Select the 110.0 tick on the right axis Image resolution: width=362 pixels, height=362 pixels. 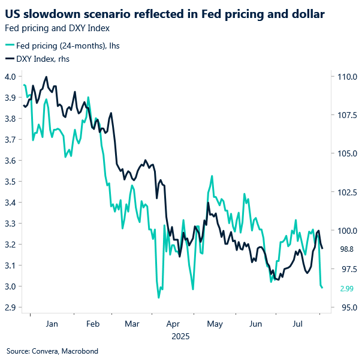click(x=348, y=77)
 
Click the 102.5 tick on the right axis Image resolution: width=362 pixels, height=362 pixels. click(x=348, y=192)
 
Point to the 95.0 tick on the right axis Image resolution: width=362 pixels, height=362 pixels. click(x=348, y=307)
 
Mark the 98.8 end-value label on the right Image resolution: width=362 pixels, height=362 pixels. click(x=348, y=249)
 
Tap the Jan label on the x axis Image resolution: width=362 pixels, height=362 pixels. click(x=52, y=324)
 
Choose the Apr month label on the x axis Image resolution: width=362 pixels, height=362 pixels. click(x=174, y=324)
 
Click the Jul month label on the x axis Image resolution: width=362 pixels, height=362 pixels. click(x=296, y=324)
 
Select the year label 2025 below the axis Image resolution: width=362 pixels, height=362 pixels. click(x=180, y=336)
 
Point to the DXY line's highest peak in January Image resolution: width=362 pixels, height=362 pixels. click(x=46, y=77)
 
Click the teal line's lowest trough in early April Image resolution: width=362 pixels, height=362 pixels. click(x=158, y=297)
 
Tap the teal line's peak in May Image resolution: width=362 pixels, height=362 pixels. click(x=212, y=176)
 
